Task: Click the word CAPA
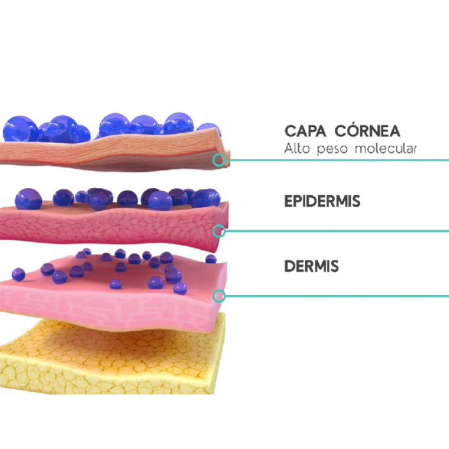point(305,131)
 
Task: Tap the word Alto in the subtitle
point(297,148)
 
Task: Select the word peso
point(332,150)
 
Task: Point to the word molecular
point(385,148)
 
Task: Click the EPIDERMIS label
point(322,201)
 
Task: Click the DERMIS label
point(312,266)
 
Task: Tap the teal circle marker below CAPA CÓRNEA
point(219,160)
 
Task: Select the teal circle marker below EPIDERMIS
point(219,231)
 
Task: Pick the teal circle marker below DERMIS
point(219,296)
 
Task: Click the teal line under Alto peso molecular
point(337,160)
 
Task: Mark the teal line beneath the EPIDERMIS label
point(337,231)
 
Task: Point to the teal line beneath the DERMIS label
point(337,296)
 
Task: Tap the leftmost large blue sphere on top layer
point(20,129)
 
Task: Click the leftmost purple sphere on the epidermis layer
point(29,199)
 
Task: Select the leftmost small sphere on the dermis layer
point(18,275)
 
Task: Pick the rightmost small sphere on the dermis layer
point(211,259)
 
